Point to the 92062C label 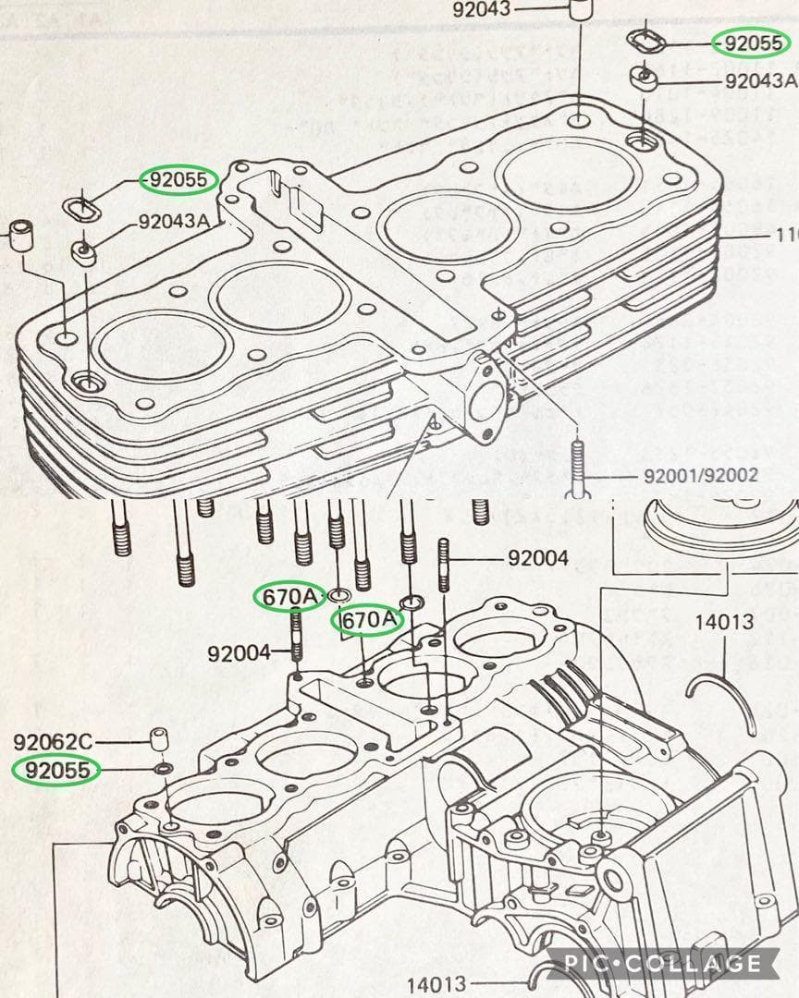point(53,741)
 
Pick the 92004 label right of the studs point(537,559)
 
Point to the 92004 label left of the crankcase point(238,653)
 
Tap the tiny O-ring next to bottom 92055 point(164,768)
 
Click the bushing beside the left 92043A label point(86,251)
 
